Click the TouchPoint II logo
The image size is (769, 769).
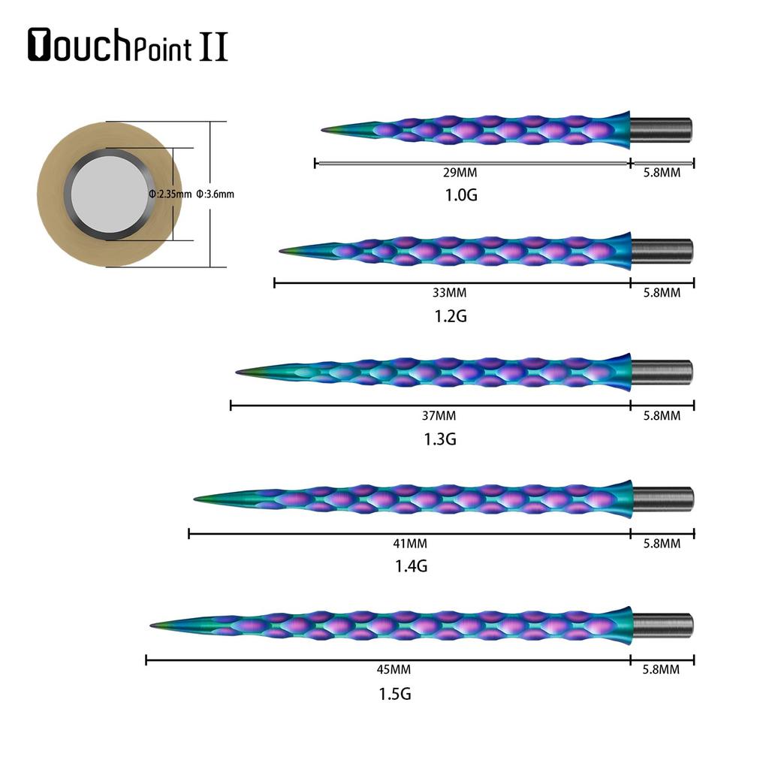tap(128, 45)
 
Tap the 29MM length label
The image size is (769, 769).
tap(460, 173)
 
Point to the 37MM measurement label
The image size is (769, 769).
tap(439, 415)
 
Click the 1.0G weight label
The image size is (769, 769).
tap(461, 195)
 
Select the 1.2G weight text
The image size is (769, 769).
tap(451, 316)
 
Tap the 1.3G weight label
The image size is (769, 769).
tap(440, 439)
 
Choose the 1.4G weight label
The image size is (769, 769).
tap(411, 566)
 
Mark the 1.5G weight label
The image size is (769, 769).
tap(395, 693)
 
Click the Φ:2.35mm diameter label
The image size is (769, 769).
tap(170, 194)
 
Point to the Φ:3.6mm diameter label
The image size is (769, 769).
tap(215, 194)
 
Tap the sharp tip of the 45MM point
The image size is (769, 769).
tap(152, 625)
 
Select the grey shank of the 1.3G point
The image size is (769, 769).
tap(661, 371)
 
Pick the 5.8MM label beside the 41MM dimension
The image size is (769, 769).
tap(662, 543)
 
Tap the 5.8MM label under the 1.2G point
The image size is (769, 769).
tap(662, 293)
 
